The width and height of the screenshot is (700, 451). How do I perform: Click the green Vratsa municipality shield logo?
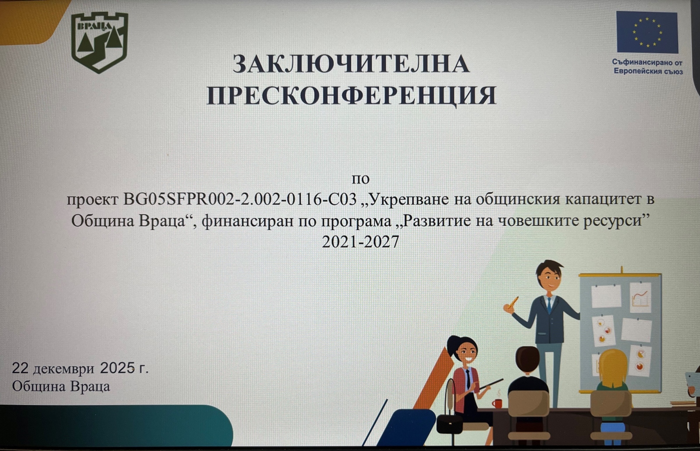[100, 42]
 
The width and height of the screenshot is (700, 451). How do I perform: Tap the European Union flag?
[647, 32]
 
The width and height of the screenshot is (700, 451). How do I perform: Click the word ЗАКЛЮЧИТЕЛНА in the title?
[351, 64]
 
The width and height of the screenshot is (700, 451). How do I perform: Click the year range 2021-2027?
[360, 242]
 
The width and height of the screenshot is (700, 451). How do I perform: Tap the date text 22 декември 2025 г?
[80, 368]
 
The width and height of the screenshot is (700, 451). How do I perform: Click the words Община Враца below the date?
[61, 386]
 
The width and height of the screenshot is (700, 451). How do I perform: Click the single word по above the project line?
[360, 179]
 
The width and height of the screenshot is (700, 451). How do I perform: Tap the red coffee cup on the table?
[497, 403]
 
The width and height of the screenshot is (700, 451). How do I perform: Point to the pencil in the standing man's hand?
[513, 303]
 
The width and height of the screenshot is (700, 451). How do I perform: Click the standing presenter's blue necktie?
[549, 305]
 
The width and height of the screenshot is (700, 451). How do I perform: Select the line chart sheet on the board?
[640, 297]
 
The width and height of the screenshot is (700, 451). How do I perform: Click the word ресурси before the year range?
[612, 222]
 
